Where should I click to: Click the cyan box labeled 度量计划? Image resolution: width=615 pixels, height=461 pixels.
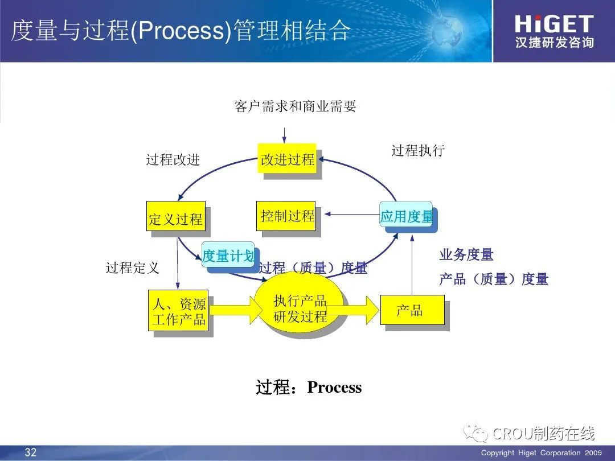[x=228, y=256]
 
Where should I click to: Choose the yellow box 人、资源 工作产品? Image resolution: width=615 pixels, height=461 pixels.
[x=178, y=311]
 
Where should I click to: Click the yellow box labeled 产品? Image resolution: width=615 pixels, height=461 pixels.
[x=412, y=310]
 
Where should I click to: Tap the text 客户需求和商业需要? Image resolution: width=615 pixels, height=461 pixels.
[x=295, y=106]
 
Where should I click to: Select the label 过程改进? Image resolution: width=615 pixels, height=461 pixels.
[x=173, y=159]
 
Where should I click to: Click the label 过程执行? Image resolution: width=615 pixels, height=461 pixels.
[x=417, y=150]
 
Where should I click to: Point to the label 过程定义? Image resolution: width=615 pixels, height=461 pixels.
[x=132, y=267]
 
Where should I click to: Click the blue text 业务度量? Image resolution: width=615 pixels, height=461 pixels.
[x=466, y=255]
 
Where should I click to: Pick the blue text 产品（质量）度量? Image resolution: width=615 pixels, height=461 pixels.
[x=493, y=279]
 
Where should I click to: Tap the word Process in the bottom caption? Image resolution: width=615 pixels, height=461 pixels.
[x=334, y=388]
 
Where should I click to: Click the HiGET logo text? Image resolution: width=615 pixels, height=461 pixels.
[x=553, y=24]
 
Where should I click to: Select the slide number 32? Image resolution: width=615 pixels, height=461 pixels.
[x=30, y=453]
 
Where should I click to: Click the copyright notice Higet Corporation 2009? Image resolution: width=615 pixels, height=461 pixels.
[x=541, y=453]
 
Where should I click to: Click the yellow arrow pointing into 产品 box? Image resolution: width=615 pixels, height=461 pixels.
[x=356, y=310]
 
